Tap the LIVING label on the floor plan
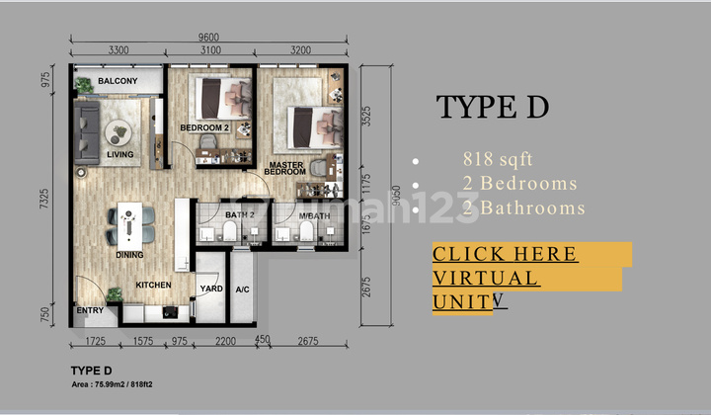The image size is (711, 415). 120,154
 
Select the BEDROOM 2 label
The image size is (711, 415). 204,128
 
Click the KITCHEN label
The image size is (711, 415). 153,286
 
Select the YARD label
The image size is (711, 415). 211,290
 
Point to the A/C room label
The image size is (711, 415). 242,290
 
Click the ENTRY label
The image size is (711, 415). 89,311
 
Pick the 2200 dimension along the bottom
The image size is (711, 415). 225,341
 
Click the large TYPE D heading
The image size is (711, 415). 492,107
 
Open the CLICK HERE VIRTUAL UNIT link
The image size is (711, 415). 505,278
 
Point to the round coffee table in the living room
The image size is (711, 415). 119,130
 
